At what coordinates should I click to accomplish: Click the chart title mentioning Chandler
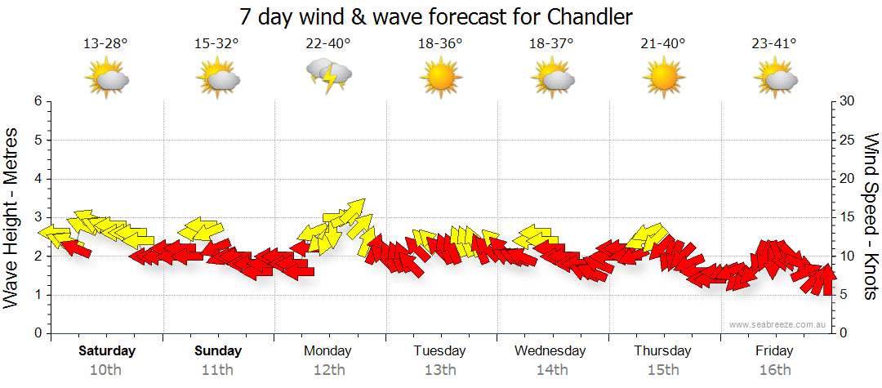coord(437,16)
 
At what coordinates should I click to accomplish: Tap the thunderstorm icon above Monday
coord(328,78)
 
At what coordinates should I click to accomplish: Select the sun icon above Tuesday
coord(440,79)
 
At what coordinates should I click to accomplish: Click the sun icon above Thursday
coord(663,79)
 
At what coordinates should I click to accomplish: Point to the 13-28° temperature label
coord(105,44)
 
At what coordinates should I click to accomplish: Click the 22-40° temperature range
coord(328,44)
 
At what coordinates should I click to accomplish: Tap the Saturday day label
coord(107,351)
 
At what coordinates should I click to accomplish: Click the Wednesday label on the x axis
coord(550,351)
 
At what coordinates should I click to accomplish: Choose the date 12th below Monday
coord(328,370)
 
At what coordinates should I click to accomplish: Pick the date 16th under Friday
coord(774,370)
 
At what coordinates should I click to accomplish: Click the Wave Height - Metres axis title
coord(12,217)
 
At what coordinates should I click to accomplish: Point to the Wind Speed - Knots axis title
coord(870,217)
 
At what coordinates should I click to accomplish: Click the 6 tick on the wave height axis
coord(38,101)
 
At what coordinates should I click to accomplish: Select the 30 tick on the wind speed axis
coord(846,101)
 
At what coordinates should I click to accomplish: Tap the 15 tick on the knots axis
coord(846,217)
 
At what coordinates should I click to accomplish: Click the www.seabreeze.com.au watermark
coord(779,324)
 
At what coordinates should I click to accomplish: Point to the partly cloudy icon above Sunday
coord(217,79)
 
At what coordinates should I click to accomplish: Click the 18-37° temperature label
coord(551,44)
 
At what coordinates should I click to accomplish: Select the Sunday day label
coord(218,351)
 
